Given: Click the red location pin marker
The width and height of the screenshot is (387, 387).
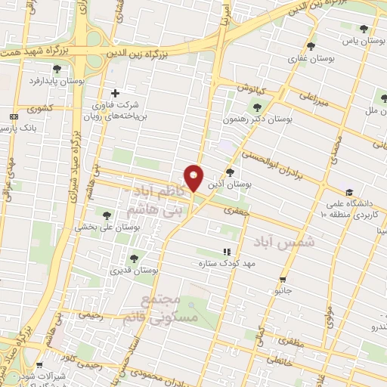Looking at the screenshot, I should [194, 178].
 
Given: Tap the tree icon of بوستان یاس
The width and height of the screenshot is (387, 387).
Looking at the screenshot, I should [364, 29].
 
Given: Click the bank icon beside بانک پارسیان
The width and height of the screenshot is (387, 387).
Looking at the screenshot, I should [14, 116].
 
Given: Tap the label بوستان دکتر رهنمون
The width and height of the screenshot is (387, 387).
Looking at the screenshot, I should [258, 119].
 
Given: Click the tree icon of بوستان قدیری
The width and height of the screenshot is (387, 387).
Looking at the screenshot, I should [134, 259].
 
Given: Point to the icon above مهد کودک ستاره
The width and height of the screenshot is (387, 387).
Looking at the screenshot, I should [225, 252].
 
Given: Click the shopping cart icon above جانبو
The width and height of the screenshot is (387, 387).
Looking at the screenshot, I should [283, 278].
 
